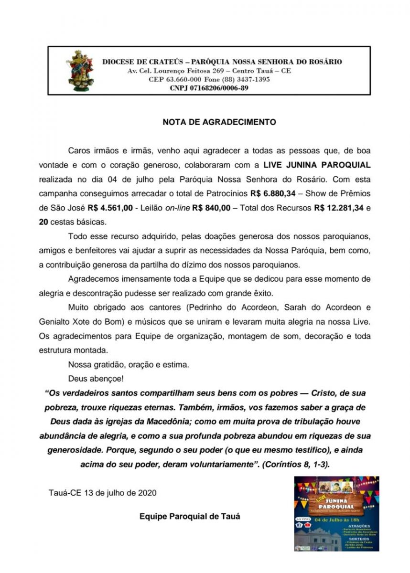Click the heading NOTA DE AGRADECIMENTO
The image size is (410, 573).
[x=219, y=122]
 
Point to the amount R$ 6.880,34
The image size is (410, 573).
[x=275, y=195]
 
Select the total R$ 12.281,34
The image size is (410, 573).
[x=337, y=209]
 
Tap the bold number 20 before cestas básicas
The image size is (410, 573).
[x=43, y=222]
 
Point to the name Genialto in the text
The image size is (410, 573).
[x=54, y=323]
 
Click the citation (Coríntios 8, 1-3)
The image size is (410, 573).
[x=296, y=464]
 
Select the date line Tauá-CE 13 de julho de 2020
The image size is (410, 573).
[x=102, y=492]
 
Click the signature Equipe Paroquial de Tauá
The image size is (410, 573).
[x=190, y=516]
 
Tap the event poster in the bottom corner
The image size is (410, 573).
[x=336, y=514]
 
